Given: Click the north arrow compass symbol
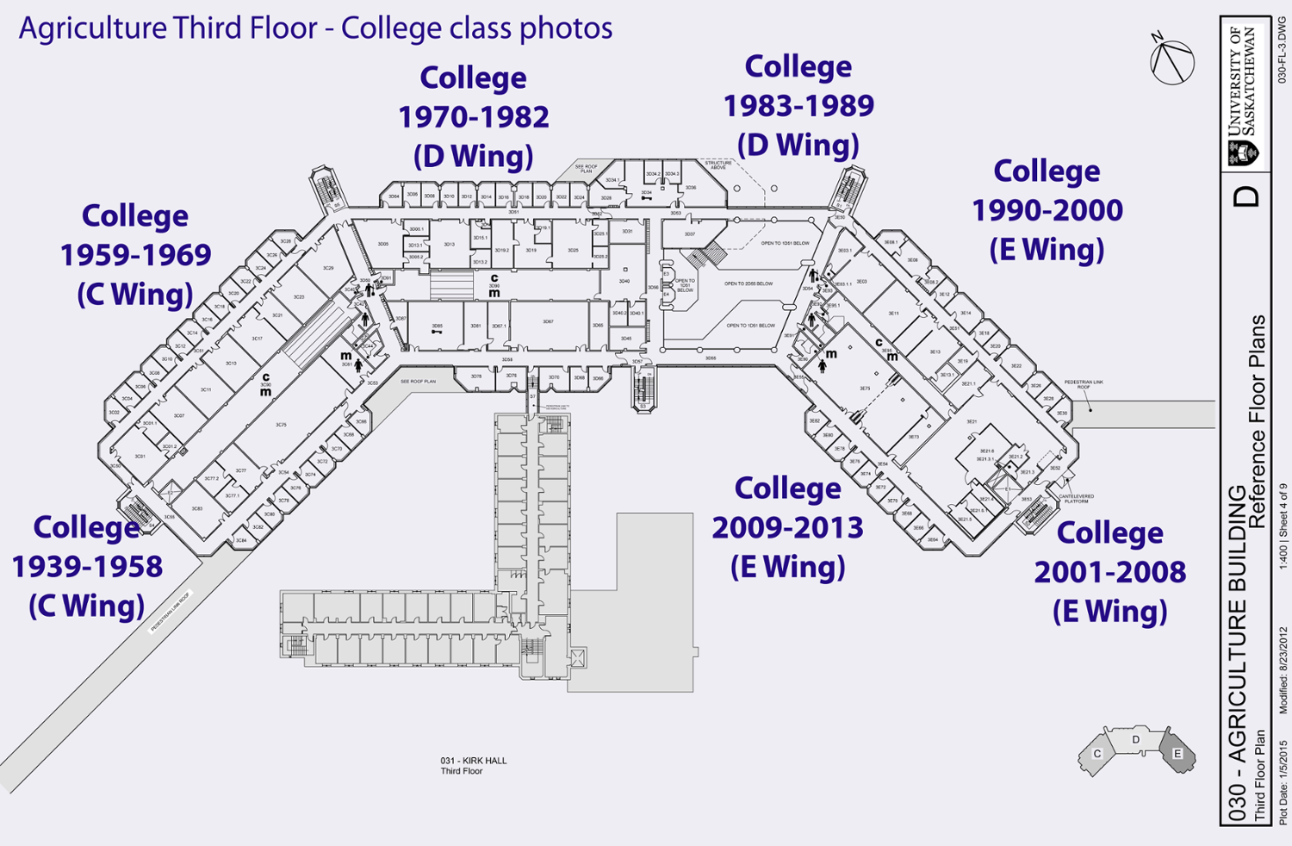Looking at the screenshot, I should [1171, 60].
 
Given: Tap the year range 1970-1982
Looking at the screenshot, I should [473, 117].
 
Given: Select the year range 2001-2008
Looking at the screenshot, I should [1109, 572].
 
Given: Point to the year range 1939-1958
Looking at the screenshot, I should [87, 567].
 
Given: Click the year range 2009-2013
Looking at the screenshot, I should [787, 527].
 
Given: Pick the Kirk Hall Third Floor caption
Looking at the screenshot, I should [473, 766].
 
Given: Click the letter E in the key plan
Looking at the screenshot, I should [1177, 754].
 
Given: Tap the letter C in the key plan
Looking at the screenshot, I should [1097, 754].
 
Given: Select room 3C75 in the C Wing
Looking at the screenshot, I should [281, 425].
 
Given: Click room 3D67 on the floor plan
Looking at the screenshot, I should [548, 321].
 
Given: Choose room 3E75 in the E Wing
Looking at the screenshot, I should [865, 389].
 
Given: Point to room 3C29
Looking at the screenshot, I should [328, 268].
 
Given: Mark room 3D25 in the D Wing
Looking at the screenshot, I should [573, 250].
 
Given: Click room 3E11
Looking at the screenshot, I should [894, 314].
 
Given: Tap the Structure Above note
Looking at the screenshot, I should [718, 165].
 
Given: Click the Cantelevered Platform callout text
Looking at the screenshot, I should [1076, 498].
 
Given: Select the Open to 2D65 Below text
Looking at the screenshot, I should [748, 283].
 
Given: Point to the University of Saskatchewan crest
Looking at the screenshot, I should [1243, 153].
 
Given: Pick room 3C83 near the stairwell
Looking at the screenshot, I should [197, 508].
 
